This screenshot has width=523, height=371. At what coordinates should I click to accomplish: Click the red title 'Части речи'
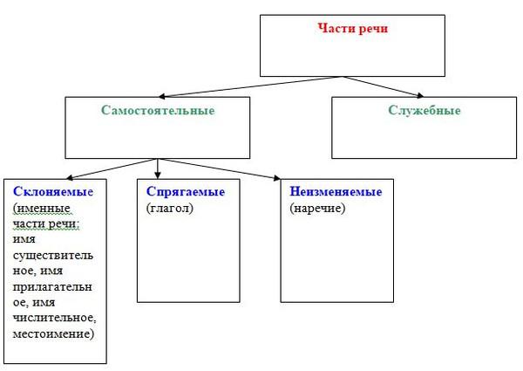click(x=352, y=29)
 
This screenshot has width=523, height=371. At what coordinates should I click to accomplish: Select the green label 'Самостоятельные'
click(x=158, y=110)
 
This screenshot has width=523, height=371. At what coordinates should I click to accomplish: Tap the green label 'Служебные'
click(x=425, y=110)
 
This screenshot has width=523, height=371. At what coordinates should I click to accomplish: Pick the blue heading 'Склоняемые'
click(x=53, y=192)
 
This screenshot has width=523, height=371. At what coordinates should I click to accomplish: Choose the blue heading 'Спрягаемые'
click(x=186, y=192)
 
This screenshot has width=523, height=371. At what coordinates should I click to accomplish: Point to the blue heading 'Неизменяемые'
click(x=336, y=192)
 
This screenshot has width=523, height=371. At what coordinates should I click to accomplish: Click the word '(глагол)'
click(x=170, y=208)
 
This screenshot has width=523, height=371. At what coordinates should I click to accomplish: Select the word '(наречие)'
click(x=317, y=208)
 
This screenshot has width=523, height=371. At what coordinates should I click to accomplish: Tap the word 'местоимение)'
click(x=53, y=333)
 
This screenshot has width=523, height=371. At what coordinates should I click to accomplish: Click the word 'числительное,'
click(x=54, y=318)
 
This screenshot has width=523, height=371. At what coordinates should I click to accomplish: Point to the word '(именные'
click(x=42, y=208)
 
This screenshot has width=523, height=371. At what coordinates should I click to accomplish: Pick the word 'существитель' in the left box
click(x=52, y=256)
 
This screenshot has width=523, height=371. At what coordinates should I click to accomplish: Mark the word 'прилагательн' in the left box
click(x=52, y=287)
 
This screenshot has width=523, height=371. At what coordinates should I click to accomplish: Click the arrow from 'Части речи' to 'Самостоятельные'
click(x=250, y=86)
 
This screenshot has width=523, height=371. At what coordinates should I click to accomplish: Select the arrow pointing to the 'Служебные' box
click(x=383, y=86)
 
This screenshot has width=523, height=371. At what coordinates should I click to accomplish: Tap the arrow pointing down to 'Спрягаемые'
click(x=158, y=168)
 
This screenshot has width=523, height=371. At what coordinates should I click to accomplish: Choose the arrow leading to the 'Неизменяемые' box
click(x=219, y=169)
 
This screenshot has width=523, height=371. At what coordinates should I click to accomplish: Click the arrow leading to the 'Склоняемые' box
click(x=112, y=169)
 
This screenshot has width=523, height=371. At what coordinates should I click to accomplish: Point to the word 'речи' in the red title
click(x=373, y=29)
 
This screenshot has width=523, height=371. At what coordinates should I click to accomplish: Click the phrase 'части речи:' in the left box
click(x=45, y=223)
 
